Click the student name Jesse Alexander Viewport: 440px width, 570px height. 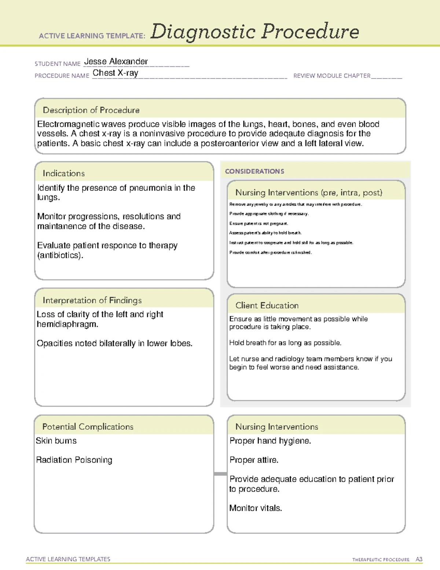116,62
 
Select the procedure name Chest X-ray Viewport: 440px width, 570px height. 115,73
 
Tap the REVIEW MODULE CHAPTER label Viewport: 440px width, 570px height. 332,76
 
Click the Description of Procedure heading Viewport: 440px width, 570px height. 91,110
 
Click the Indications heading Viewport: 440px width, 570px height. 63,173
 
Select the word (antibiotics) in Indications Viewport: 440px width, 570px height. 60,255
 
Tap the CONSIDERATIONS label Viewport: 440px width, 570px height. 254,171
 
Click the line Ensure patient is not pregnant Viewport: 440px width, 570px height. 258,224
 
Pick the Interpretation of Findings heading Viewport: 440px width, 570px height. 92,300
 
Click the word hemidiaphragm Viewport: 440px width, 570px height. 67,324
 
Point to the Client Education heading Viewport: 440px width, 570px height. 267,305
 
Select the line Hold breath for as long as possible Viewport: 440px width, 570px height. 285,343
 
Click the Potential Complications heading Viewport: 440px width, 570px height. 88,426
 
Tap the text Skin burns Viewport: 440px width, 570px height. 56,441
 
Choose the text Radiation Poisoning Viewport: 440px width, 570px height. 74,460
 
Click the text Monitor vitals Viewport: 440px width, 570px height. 256,508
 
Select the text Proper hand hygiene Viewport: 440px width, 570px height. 270,441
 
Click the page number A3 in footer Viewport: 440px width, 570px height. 419,559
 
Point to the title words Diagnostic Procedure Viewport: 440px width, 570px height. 254,32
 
